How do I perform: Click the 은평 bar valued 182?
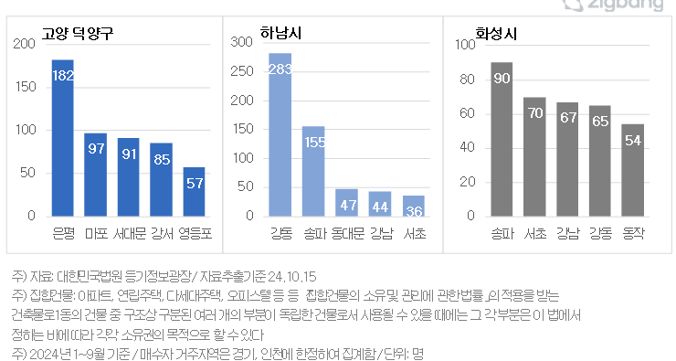63,137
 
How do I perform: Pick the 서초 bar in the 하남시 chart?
413,206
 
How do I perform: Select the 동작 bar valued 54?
633,170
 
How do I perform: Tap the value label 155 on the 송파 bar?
313,142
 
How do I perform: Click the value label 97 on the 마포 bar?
96,148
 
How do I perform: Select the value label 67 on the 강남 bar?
567,117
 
